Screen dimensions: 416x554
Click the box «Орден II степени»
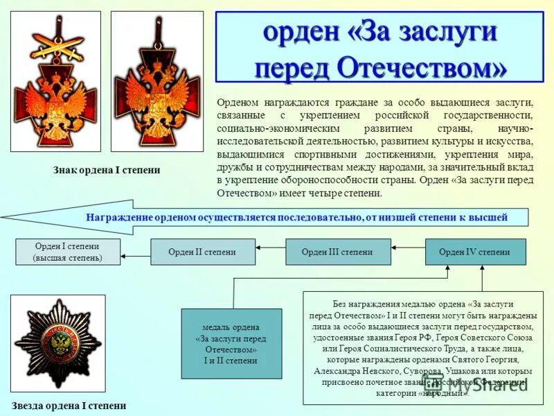pos(202,252)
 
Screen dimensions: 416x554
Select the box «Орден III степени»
pos(337,252)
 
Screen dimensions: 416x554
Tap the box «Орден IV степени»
pos(474,252)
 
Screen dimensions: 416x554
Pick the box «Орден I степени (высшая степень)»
pos(67,252)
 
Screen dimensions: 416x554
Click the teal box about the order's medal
pos(231,343)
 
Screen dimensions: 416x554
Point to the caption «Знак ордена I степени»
pos(107,170)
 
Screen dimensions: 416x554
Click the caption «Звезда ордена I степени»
pos(69,406)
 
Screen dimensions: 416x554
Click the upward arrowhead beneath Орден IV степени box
pos(482,270)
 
